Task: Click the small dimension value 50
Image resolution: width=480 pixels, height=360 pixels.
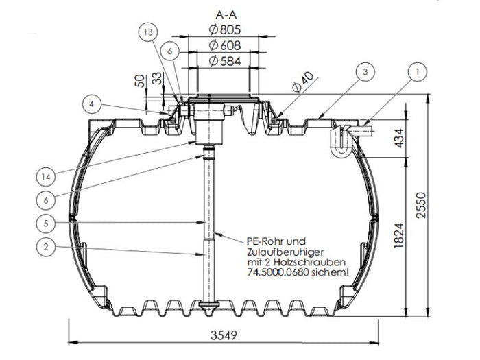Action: click(x=140, y=82)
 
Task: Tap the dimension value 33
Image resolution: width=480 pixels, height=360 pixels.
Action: click(x=157, y=82)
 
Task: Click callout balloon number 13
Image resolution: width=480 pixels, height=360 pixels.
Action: click(x=149, y=32)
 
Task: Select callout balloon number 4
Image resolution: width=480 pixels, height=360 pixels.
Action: click(x=94, y=104)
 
